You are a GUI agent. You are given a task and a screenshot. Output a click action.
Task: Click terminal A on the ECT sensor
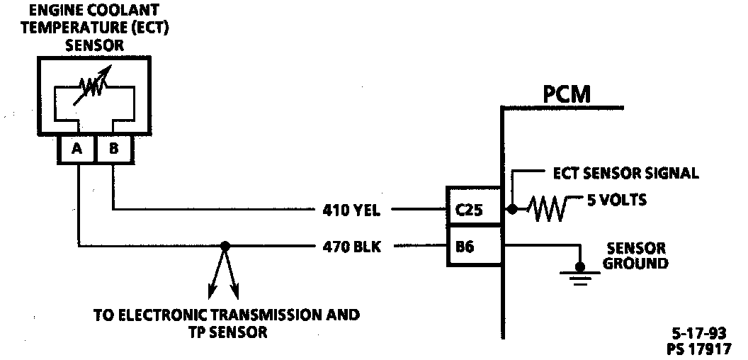click(x=76, y=151)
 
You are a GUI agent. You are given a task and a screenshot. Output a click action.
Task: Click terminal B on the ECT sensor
click(x=113, y=151)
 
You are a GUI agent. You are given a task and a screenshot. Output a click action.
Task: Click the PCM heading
click(x=567, y=94)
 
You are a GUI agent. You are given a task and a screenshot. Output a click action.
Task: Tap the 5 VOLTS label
click(x=616, y=200)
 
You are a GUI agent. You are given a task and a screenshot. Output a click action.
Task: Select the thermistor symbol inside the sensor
click(x=94, y=86)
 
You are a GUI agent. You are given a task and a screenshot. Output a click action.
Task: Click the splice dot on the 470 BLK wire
click(x=225, y=247)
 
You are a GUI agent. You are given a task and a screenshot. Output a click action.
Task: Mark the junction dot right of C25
click(x=511, y=210)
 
